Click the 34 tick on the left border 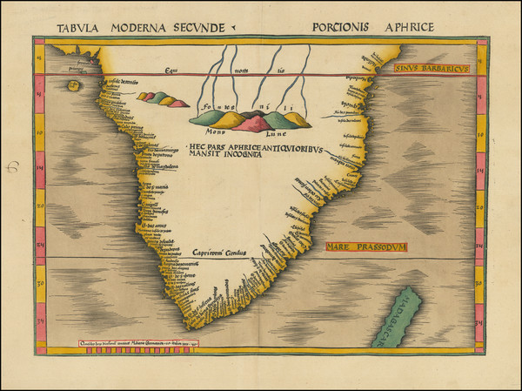pyautogui.click(x=40, y=324)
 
